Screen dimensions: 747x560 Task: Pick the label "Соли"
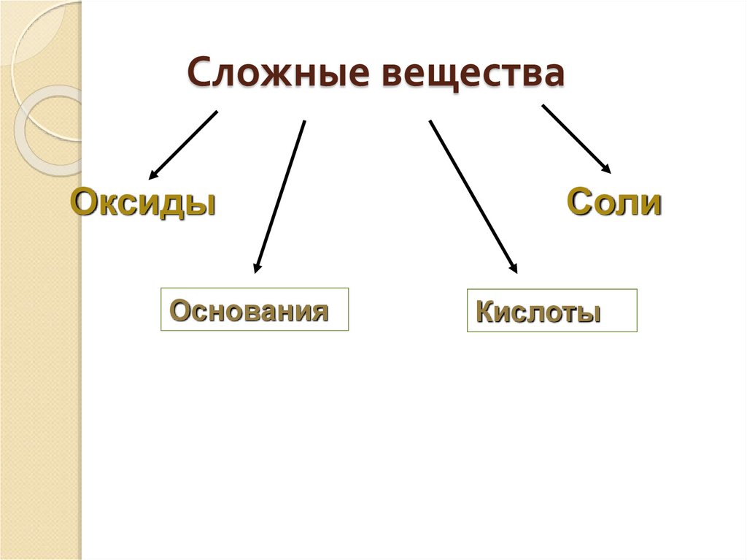coord(614,202)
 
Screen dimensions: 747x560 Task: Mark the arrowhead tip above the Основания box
coord(256,271)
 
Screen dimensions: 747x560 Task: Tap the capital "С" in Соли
coord(579,202)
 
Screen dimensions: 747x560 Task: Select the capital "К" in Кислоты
coord(483,312)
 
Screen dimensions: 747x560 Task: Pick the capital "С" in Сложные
coord(200,74)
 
